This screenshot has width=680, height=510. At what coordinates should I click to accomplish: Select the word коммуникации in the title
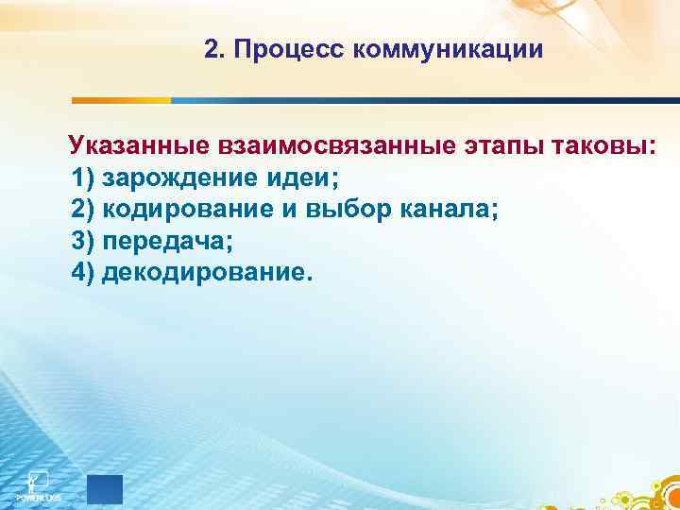[x=449, y=49]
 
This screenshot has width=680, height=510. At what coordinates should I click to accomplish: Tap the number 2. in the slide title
[x=213, y=49]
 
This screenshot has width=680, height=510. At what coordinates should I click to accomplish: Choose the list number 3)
[x=83, y=242]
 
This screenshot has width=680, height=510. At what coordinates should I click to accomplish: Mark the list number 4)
[x=83, y=273]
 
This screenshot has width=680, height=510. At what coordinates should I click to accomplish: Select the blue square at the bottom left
[x=104, y=489]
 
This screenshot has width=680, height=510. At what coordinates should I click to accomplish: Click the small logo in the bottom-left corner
[x=37, y=484]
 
